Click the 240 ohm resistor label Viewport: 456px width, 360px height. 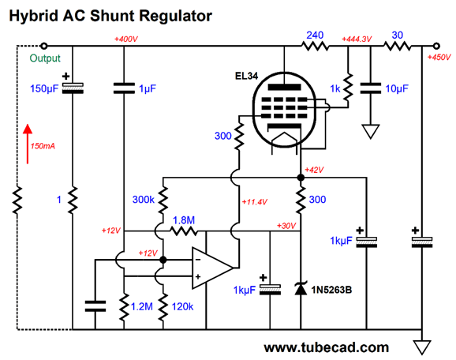(x=315, y=36)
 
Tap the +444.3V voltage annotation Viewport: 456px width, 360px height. (x=357, y=39)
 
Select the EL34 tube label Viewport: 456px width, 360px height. (x=246, y=76)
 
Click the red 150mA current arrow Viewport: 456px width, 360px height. (x=28, y=144)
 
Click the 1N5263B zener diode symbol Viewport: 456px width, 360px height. (x=301, y=288)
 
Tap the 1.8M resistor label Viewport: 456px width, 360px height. (x=184, y=220)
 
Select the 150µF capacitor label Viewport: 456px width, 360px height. (x=44, y=88)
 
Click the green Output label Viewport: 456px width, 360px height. (x=45, y=58)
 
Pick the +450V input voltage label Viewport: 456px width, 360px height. (x=439, y=58)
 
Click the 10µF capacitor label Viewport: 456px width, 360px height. (x=397, y=88)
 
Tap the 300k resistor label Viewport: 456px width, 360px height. (x=143, y=200)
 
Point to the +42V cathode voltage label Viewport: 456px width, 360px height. (x=314, y=170)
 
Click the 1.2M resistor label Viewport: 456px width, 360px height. (x=142, y=306)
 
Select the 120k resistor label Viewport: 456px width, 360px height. (x=182, y=306)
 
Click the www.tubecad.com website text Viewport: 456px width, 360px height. (x=326, y=347)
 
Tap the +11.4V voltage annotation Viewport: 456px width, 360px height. (x=255, y=201)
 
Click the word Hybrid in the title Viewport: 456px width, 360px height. (x=34, y=17)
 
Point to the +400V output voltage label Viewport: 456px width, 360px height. (x=126, y=39)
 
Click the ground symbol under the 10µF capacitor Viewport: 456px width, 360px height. (x=371, y=131)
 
